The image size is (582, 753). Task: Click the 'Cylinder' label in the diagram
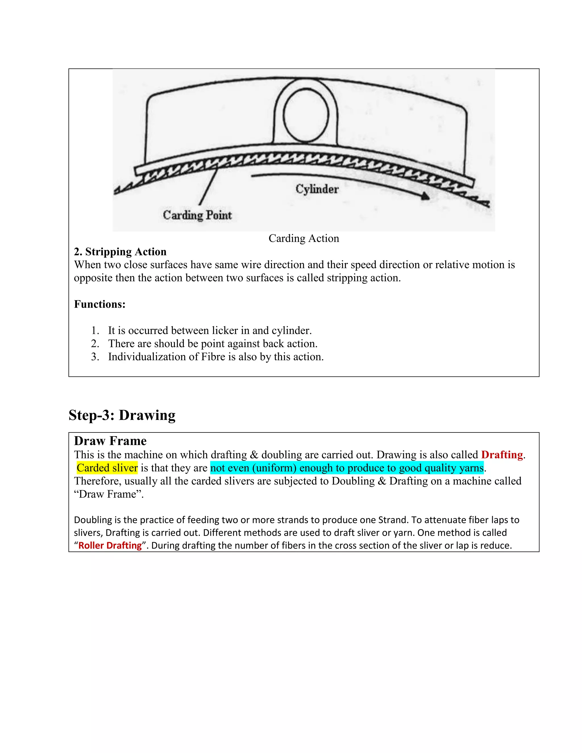pos(317,189)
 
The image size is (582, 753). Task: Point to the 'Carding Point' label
pos(197,215)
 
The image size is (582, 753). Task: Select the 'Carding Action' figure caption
pos(304,238)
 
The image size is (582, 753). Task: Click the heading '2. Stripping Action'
pos(120,252)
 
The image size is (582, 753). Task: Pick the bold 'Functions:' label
pos(100,304)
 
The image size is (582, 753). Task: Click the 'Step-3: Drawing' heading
pos(122,415)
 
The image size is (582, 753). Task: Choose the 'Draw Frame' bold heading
pos(110,441)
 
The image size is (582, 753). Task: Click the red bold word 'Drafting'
pos(502,455)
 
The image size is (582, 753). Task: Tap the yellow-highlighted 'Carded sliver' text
pos(107,468)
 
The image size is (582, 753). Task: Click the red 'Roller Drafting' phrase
pos(110,546)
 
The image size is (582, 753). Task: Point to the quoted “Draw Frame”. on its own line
pos(109,494)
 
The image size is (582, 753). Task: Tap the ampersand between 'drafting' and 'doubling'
pos(254,455)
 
